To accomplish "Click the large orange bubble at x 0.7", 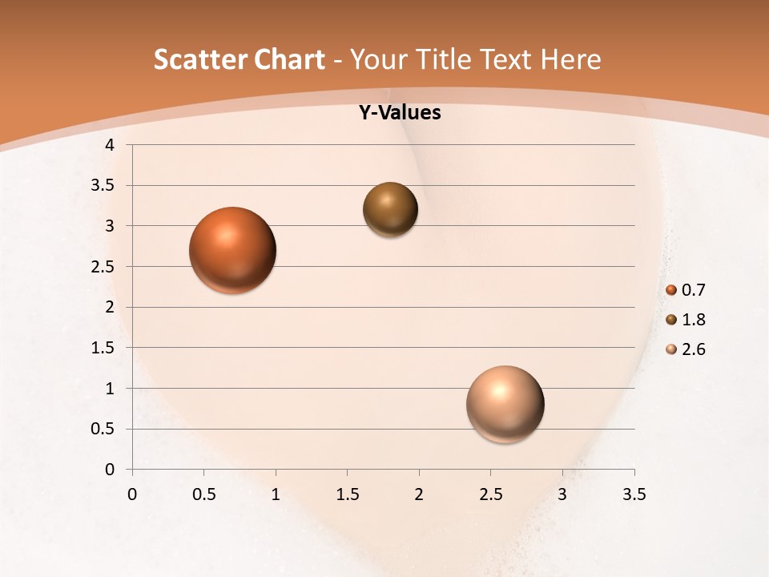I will [x=232, y=250].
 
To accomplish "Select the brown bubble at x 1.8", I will [x=390, y=210].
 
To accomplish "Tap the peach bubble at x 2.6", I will [x=505, y=404].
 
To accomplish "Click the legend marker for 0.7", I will [x=671, y=290].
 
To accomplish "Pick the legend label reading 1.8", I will [x=693, y=320].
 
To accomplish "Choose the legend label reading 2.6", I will [x=693, y=349].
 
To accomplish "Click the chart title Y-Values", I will [x=400, y=113].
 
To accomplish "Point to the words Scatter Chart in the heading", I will [x=239, y=59].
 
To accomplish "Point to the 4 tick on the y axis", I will [x=111, y=145].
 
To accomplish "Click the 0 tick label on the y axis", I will [x=111, y=470].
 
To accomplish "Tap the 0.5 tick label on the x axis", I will [x=203, y=494].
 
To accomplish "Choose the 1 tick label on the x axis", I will [x=276, y=494].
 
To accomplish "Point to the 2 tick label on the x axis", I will [x=419, y=494].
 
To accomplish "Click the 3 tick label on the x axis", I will [x=562, y=494].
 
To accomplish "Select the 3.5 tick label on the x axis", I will [x=634, y=494].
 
